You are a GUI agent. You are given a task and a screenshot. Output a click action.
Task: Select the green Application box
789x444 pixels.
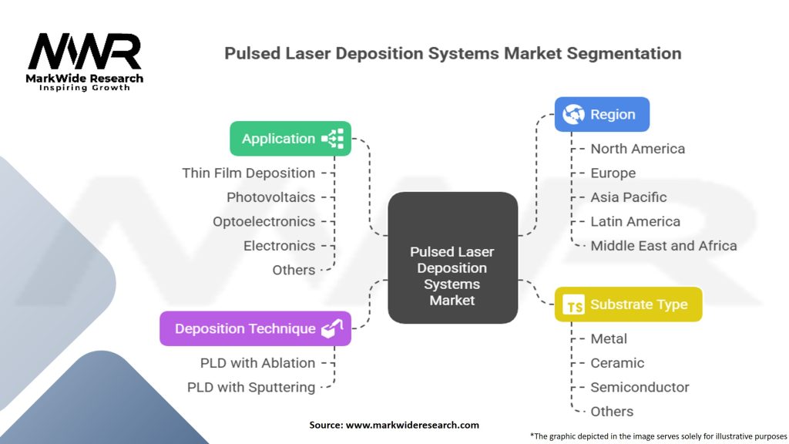[290, 139]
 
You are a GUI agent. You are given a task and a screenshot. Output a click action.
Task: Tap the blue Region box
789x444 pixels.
[602, 114]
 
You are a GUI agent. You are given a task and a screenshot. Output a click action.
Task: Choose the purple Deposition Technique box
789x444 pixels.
[255, 328]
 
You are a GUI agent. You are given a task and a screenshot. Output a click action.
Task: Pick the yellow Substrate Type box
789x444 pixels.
[628, 304]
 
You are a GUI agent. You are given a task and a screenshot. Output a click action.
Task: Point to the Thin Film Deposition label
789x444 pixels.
[248, 173]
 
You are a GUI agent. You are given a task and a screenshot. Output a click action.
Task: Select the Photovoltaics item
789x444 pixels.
[270, 197]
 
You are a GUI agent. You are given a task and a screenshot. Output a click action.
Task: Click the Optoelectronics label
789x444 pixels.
[264, 221]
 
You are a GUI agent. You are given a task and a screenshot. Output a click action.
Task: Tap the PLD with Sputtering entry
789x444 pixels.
[251, 387]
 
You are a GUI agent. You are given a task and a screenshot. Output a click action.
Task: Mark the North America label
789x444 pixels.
[637, 148]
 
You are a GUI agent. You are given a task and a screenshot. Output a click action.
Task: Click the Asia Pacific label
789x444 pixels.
[628, 197]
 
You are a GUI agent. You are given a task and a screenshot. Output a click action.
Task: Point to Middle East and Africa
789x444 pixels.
[663, 246]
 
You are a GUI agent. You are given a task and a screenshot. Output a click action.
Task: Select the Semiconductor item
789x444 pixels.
[640, 387]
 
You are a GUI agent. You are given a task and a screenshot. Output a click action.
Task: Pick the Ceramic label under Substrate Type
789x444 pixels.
[617, 362]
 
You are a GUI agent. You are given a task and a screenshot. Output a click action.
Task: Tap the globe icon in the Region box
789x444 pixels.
[573, 114]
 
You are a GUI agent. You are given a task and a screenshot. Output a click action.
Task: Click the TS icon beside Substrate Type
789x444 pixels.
[575, 305]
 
